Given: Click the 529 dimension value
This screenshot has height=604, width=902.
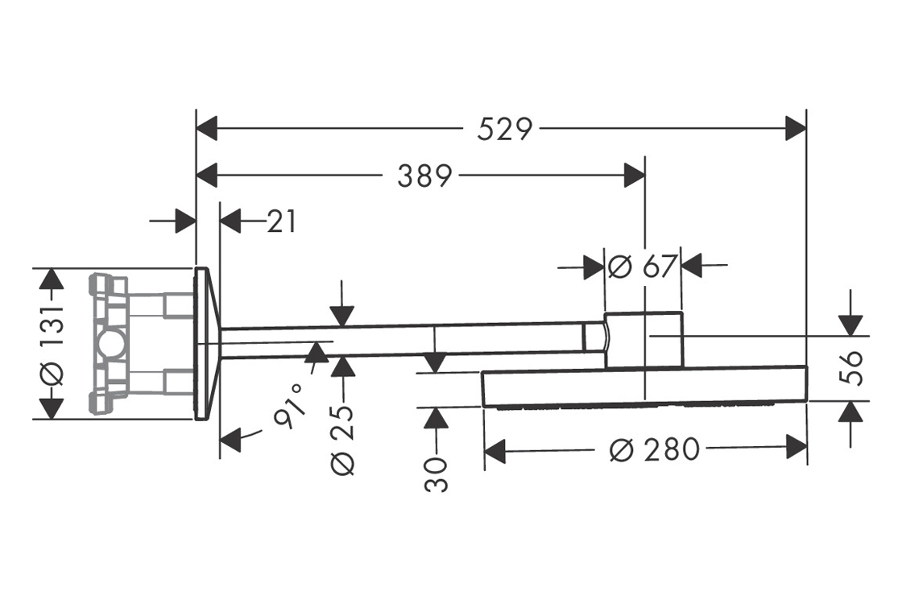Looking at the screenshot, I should click(505, 128).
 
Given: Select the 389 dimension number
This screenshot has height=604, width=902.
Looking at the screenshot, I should click(424, 175).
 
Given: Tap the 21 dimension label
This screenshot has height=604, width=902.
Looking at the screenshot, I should click(281, 221).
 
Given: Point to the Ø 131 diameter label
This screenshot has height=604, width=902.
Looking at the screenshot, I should click(51, 344).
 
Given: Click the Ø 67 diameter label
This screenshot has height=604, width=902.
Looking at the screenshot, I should click(642, 266).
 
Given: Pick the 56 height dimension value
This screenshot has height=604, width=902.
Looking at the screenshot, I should click(851, 367).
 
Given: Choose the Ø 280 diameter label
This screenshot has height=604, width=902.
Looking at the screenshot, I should click(654, 450).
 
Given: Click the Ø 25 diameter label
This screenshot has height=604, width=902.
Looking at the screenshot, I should click(342, 439).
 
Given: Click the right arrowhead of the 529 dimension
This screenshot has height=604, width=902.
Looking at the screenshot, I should click(796, 128).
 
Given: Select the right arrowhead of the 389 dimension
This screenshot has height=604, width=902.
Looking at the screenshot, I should click(635, 175).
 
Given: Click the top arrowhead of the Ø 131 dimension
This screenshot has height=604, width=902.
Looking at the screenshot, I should click(51, 279).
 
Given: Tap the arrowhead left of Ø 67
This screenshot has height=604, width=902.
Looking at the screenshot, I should click(594, 266).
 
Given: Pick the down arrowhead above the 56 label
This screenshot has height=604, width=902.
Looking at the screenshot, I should click(850, 324).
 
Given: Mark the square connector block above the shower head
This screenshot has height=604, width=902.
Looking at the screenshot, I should click(644, 339).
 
